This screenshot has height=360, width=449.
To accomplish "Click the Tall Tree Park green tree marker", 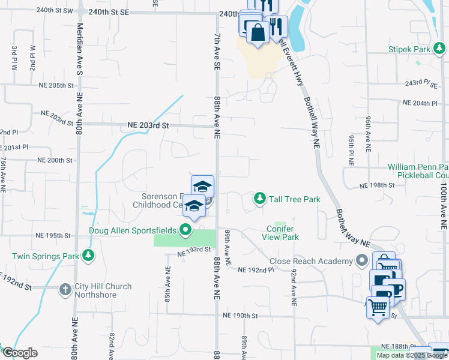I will [x=259, y=198].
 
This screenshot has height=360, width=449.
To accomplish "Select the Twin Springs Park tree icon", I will [x=89, y=256].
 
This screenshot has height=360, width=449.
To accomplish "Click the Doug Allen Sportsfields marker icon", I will [x=185, y=229].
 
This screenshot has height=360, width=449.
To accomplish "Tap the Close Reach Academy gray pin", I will [x=362, y=261].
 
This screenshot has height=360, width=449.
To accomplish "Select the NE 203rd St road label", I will [x=149, y=126].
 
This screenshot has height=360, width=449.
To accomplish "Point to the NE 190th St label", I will [x=240, y=315].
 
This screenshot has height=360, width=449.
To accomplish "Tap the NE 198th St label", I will [x=376, y=186].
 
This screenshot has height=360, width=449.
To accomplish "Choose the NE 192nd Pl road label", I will [x=256, y=270].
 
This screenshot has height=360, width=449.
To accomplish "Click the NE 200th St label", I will [x=55, y=160].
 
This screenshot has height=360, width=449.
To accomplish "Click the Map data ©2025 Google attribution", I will [x=412, y=355].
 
